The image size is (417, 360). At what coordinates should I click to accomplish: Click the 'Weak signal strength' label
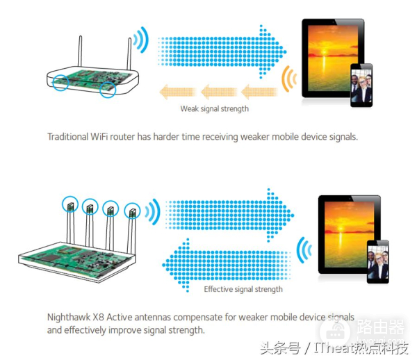click(x=214, y=109)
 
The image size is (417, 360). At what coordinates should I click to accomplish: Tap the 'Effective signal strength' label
click(x=243, y=289)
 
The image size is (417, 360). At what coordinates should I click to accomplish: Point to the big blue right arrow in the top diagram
click(x=222, y=52)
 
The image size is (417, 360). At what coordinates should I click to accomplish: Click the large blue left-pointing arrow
click(x=226, y=265)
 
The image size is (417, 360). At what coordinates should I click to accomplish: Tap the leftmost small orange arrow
click(x=178, y=92)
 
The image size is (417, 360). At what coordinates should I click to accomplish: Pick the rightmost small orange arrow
click(x=259, y=92)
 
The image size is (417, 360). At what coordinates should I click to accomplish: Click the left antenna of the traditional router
click(x=80, y=51)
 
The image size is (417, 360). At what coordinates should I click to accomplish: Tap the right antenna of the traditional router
click(x=129, y=54)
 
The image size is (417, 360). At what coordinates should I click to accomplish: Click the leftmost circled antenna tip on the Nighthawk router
click(x=70, y=205)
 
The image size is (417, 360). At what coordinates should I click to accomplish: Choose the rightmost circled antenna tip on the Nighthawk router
click(x=132, y=211)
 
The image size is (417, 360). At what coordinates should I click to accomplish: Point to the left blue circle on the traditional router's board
click(x=60, y=83)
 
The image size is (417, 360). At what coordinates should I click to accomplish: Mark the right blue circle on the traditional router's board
click(x=108, y=90)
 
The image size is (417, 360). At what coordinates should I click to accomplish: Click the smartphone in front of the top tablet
click(x=361, y=85)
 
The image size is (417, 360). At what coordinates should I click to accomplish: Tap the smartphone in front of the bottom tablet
click(x=377, y=261)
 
